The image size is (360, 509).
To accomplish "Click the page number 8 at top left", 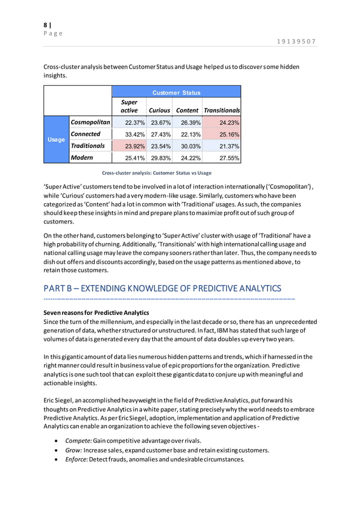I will (46, 25).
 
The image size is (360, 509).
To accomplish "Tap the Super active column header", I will (129, 106).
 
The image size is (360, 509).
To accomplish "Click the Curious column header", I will (159, 111).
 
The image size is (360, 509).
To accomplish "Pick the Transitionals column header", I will (222, 111).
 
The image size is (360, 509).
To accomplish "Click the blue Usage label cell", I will (56, 139).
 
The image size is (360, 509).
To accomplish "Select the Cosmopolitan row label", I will (90, 122).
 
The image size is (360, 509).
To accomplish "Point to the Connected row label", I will (86, 134).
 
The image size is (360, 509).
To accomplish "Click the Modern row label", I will (82, 157).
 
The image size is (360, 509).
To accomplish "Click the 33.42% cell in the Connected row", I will (135, 134).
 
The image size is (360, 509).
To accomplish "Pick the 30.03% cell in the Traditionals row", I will (187, 146).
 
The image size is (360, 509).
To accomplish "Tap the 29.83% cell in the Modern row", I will (160, 158).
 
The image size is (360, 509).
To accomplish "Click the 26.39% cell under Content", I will (187, 122).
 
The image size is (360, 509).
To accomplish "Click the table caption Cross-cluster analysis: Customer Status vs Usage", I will (156, 173).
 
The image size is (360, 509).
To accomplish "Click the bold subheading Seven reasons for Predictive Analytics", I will (96, 312).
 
